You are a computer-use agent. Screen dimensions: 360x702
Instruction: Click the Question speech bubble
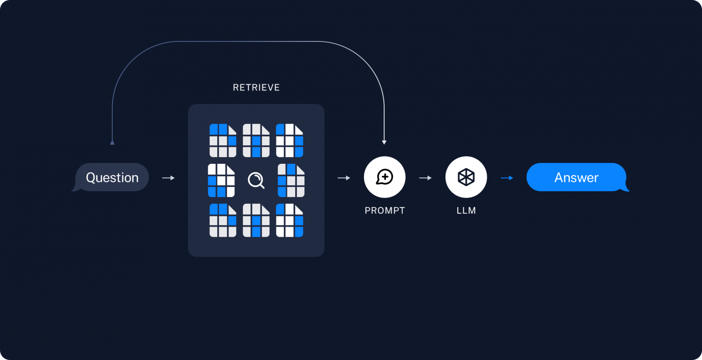112,177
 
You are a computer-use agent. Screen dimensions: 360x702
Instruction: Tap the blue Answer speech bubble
576,177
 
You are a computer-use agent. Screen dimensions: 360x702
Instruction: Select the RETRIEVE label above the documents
256,87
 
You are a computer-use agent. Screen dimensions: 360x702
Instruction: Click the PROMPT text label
385,210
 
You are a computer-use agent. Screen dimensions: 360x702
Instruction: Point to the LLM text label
466,210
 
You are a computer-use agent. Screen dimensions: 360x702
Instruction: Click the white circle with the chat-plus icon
385,177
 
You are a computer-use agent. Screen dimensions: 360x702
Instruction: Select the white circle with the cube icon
466,177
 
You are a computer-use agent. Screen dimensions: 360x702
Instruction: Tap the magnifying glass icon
256,180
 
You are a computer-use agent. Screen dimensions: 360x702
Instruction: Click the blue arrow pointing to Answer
507,178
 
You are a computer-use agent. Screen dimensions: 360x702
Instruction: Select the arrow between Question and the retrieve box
168,178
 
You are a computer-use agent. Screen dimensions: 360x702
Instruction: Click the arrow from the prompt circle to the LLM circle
425,178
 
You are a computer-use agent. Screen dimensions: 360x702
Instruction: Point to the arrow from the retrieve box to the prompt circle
344,178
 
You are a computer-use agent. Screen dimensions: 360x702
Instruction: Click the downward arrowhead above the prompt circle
384,142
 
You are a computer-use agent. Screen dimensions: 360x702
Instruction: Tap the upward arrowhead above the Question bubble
112,142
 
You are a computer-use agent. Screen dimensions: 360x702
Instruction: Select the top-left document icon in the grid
223,140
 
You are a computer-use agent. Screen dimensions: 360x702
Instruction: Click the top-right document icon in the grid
289,140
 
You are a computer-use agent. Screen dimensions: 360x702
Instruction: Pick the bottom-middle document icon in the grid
256,220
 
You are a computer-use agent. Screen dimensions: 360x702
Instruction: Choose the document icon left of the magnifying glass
221,180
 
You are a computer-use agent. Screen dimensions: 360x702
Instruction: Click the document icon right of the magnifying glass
291,180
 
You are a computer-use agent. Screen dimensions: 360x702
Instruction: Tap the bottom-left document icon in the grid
223,220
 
